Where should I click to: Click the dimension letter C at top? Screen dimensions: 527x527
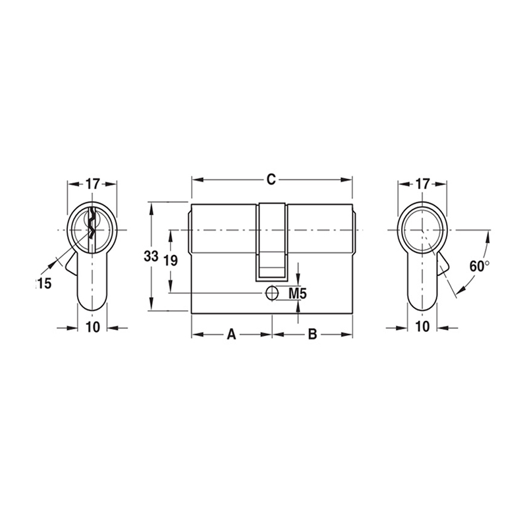pos(270,179)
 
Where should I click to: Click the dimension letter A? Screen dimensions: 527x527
pos(231,335)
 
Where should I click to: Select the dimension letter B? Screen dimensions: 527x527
pos(313,335)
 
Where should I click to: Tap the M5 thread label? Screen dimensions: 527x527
pos(299,293)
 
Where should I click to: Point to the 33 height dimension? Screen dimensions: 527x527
pos(152,257)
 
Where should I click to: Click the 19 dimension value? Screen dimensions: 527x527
pos(170,260)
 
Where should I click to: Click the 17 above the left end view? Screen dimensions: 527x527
pos(92,184)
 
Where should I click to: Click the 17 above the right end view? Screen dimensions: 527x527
pos(423,184)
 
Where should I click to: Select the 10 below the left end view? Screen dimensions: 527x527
pos(92,327)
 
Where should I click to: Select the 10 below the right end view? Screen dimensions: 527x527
pos(423,327)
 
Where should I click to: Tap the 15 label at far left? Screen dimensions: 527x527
pos(43,283)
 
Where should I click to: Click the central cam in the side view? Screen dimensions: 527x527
pos(272,240)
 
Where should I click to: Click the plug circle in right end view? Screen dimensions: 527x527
pos(422,229)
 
